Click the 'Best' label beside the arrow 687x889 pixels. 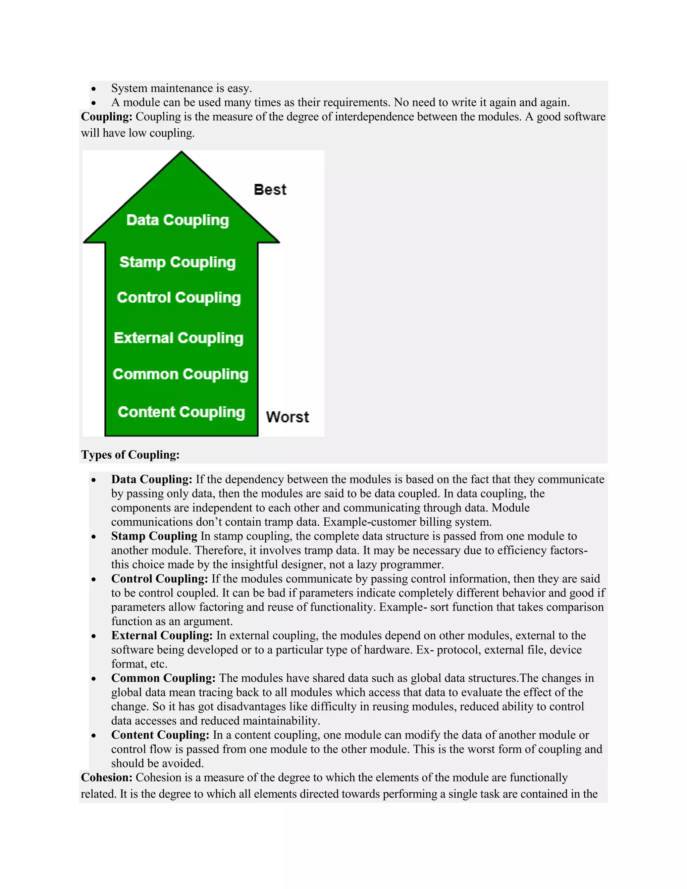pos(270,190)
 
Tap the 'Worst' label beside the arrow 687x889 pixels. pos(287,417)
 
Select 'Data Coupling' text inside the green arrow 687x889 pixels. pos(177,220)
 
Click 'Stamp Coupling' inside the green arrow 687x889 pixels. pos(177,262)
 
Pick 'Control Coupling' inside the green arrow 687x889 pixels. pos(179,298)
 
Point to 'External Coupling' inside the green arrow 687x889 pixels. pos(179,338)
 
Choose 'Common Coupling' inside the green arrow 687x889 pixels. pos(180,374)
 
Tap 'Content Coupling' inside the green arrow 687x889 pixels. pos(181,412)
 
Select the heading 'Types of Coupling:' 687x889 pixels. pos(130,455)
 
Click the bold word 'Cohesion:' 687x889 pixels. pos(107,778)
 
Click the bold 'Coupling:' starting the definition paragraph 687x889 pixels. pos(107,117)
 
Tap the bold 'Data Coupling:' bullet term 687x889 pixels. pos(151,479)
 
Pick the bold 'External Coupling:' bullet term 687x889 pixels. pos(162,635)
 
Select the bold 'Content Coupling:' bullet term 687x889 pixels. pos(160,735)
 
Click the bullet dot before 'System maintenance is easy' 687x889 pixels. pos(94,89)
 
